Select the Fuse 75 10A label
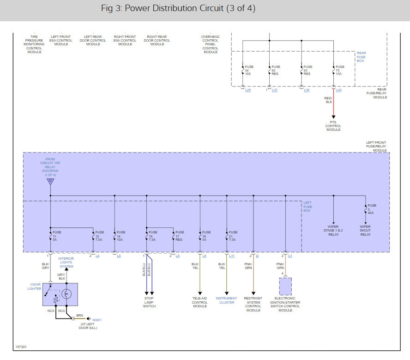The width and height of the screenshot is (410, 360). coord(340,70)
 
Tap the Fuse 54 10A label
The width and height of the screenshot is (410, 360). coord(249,70)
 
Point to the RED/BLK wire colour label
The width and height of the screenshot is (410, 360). coord(328,100)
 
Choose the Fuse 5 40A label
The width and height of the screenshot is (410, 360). coord(372,209)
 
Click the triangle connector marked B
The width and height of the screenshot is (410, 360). coord(50,181)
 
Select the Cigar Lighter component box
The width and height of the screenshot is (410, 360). coord(60,294)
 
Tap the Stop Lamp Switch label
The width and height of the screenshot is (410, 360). coord(149,302)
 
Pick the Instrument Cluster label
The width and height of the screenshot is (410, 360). coord(226,300)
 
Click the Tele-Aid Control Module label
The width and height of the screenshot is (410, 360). coord(200,302)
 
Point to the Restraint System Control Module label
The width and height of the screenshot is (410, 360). coord(253,304)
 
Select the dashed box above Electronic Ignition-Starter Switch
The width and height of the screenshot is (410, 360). coord(285,287)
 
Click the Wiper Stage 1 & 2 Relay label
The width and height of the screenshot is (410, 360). coord(333,231)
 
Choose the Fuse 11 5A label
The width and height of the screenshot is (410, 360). coord(56,236)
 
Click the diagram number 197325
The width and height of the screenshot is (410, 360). coord(21,346)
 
